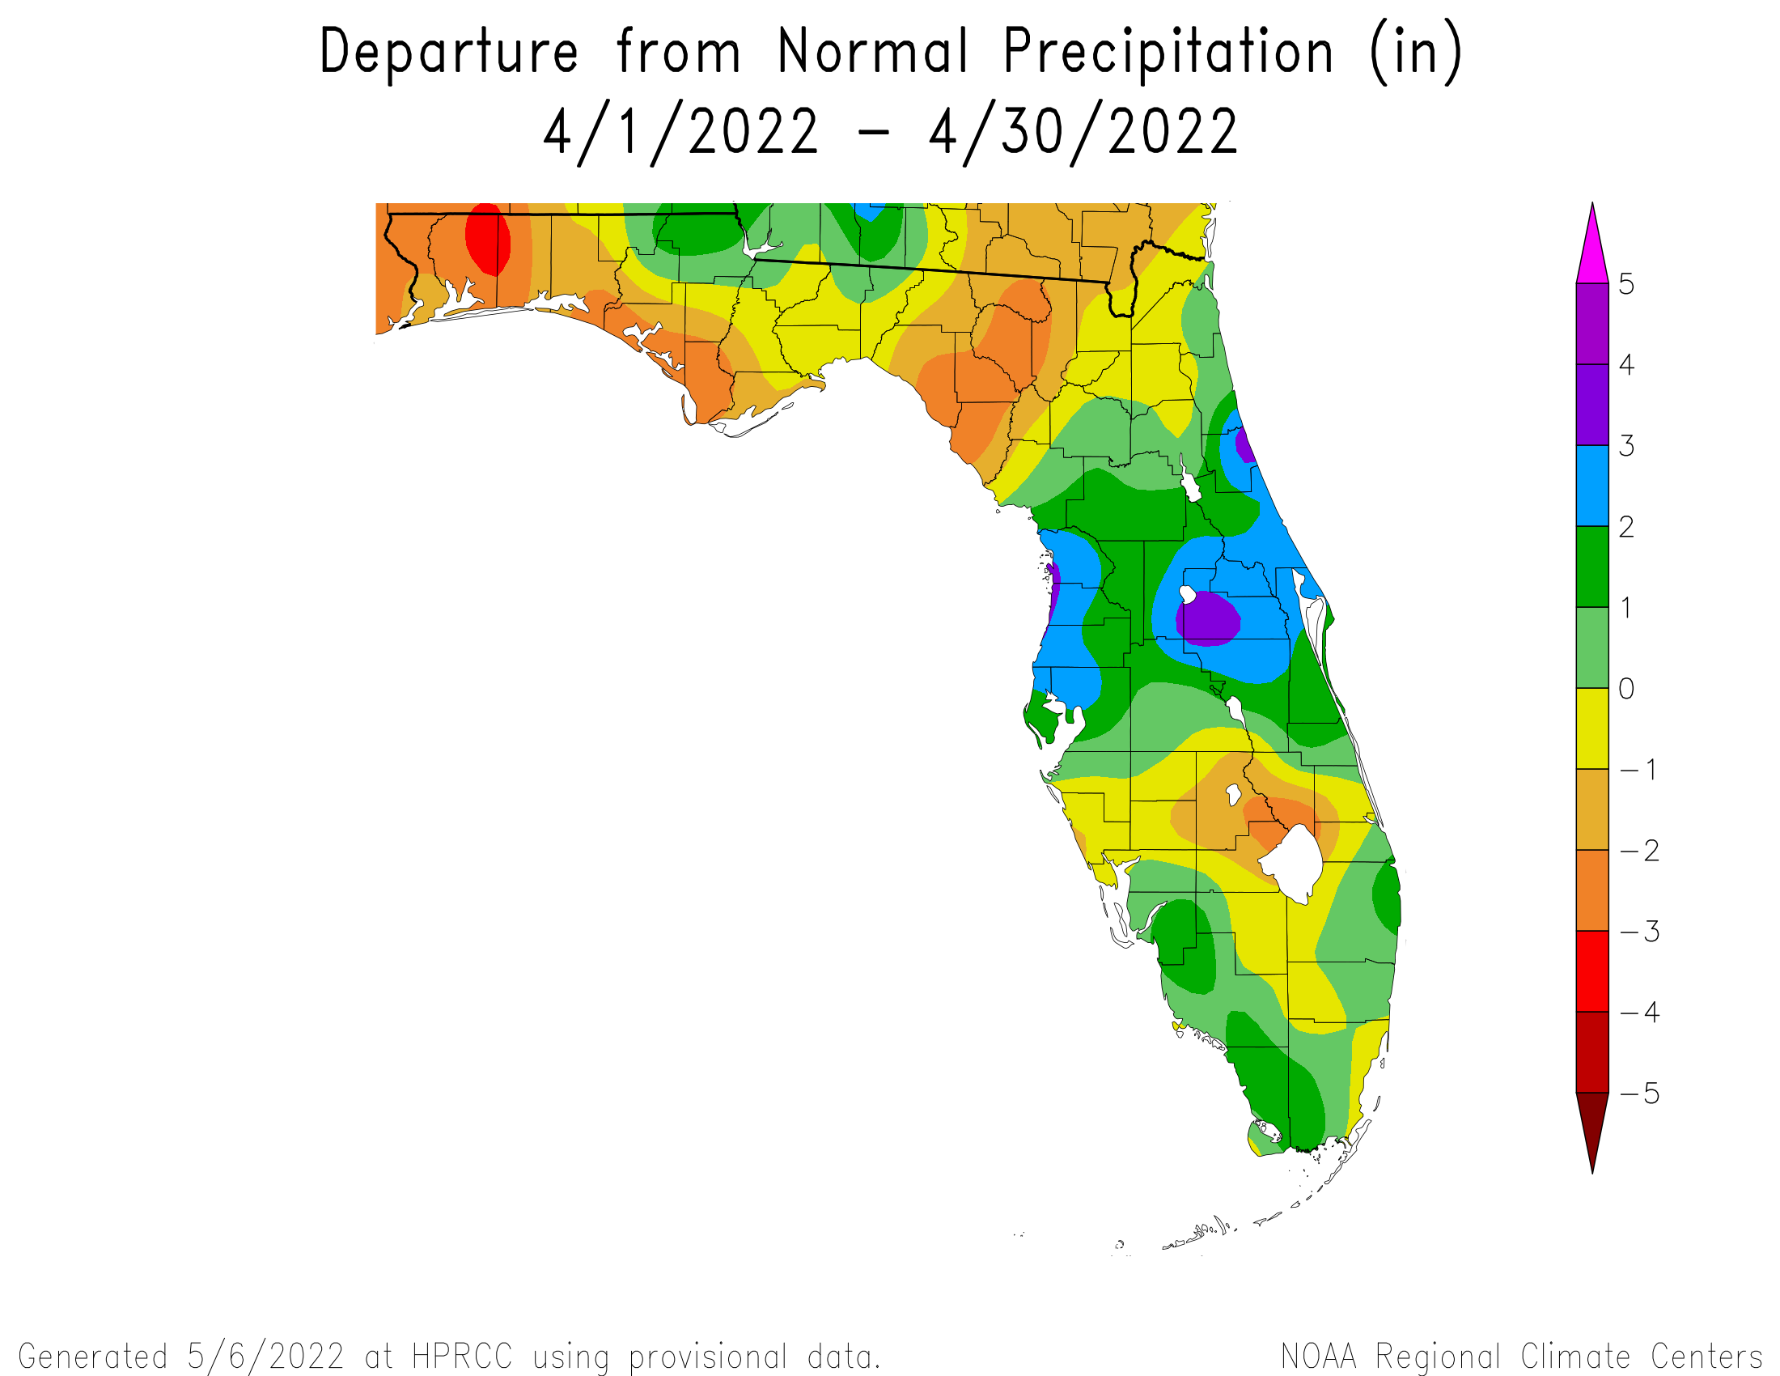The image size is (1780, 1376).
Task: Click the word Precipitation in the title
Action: (x=1168, y=52)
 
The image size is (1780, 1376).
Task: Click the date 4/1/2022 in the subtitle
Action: (x=680, y=132)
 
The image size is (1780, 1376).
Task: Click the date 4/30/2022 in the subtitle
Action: (x=1083, y=132)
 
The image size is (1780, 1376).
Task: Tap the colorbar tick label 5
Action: (x=1626, y=284)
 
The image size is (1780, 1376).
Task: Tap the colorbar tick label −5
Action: (x=1640, y=1094)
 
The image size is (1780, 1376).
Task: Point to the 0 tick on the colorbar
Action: (x=1626, y=689)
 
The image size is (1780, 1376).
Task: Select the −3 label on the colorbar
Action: (x=1640, y=931)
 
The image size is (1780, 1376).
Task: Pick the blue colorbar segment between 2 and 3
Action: (x=1591, y=486)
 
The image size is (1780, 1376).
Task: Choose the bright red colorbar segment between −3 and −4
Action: (x=1591, y=970)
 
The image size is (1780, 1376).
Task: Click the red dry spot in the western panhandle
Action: (x=487, y=238)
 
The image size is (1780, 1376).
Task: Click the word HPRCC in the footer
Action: (x=462, y=1357)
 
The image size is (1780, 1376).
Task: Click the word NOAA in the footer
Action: (x=1319, y=1357)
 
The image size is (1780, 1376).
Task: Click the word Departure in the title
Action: (x=449, y=52)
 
